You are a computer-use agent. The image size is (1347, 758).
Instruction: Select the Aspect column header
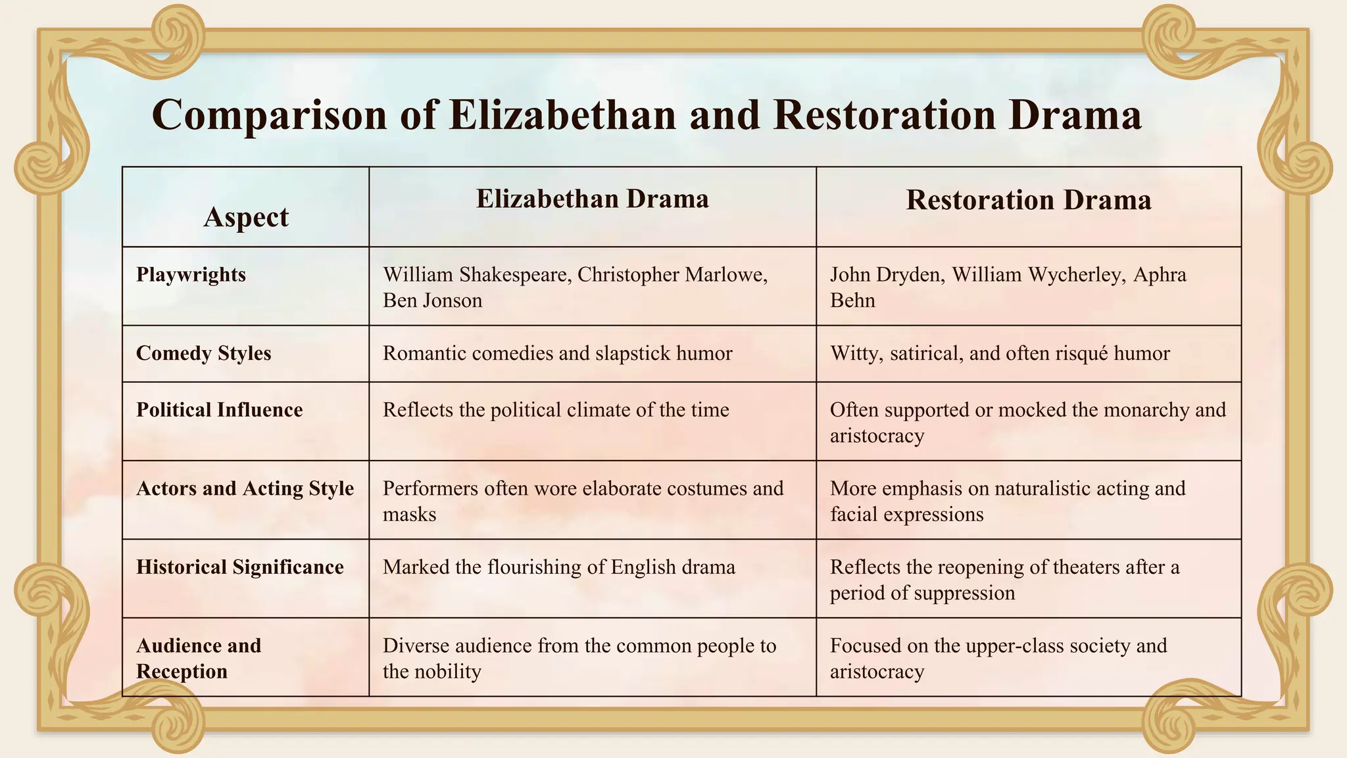[246, 217]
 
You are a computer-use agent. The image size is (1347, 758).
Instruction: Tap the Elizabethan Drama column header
[592, 199]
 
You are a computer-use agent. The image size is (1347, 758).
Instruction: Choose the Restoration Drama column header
[1028, 200]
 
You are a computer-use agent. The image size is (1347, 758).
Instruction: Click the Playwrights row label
[191, 274]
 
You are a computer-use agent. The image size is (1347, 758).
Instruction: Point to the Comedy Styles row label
[203, 353]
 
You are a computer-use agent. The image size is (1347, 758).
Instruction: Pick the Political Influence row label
[219, 410]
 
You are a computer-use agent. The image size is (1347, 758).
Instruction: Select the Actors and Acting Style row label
[245, 488]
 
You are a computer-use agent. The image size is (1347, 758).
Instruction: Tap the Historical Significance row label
[239, 567]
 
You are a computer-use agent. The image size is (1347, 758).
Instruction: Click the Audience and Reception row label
[198, 658]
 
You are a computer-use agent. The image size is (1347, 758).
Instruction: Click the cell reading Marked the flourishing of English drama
[558, 567]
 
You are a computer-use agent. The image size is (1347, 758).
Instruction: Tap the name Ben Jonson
[432, 301]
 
